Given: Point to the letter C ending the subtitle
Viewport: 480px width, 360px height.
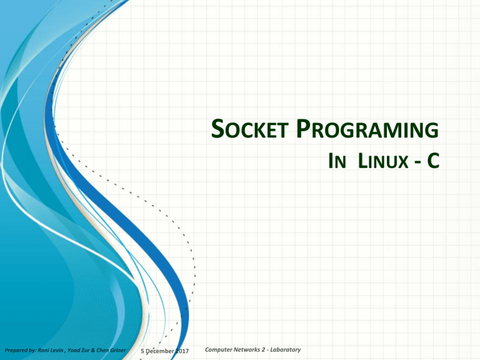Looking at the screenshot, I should (431, 163).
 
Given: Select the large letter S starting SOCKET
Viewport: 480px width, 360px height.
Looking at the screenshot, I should (216, 130).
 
